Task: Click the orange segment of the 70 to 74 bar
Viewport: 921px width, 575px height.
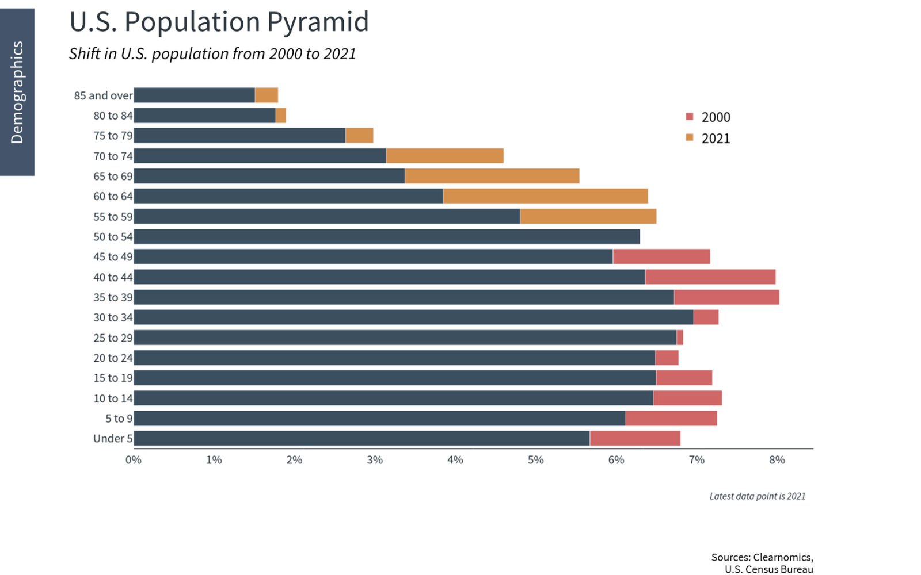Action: tap(444, 156)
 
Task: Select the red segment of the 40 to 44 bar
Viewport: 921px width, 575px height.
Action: tap(710, 277)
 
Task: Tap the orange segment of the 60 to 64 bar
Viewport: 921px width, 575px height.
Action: tap(545, 196)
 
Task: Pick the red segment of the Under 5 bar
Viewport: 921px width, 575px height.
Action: tap(635, 438)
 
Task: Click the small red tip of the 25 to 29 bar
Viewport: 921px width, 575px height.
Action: tap(680, 338)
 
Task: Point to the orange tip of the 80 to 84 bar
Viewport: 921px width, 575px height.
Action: tap(281, 116)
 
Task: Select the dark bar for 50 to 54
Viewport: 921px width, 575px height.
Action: tap(386, 236)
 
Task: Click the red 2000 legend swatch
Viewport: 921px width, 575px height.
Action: tap(690, 117)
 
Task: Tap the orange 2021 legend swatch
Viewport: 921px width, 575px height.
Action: tap(690, 138)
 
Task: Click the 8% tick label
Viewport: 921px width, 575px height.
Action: tap(777, 460)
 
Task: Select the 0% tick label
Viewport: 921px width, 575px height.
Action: tap(134, 460)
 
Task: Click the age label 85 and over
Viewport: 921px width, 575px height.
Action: tap(103, 95)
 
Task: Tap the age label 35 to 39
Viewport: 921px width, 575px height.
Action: tap(113, 297)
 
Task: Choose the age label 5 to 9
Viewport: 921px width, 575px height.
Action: tap(119, 419)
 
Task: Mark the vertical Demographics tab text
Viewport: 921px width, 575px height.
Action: tap(17, 92)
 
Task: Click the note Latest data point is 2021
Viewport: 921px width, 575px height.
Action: tap(757, 496)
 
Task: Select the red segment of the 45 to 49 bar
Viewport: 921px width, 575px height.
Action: tap(661, 256)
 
